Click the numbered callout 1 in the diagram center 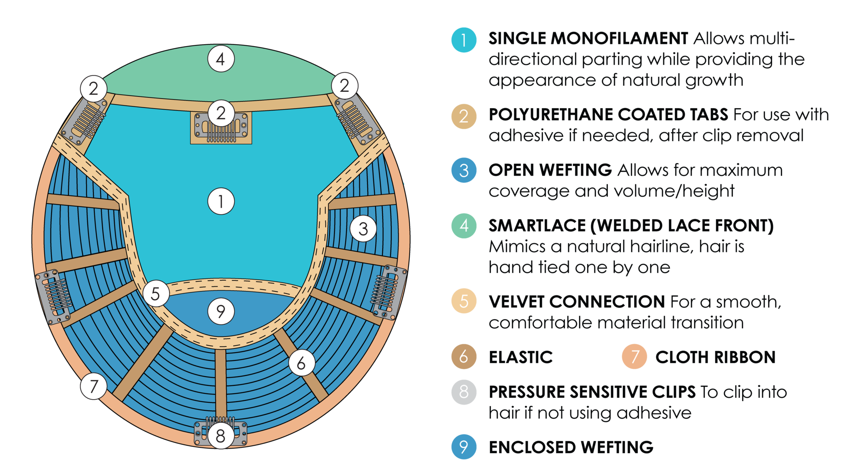pos(221,201)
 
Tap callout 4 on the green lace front pos(221,59)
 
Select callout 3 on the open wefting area pos(363,229)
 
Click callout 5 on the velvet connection pos(156,293)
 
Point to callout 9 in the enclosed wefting pos(221,311)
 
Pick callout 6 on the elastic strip pos(301,363)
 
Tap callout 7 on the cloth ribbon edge pos(94,386)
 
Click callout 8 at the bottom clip pos(221,436)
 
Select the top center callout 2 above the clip pos(221,113)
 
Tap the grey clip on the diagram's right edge pos(389,292)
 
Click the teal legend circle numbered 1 pos(464,40)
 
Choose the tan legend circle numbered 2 pos(464,116)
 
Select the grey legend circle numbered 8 pos(464,392)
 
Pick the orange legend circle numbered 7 pos(635,357)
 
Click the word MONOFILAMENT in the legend pos(620,38)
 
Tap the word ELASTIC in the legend pos(521,357)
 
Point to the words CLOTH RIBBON pos(716,357)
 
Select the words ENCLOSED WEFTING pos(571,447)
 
